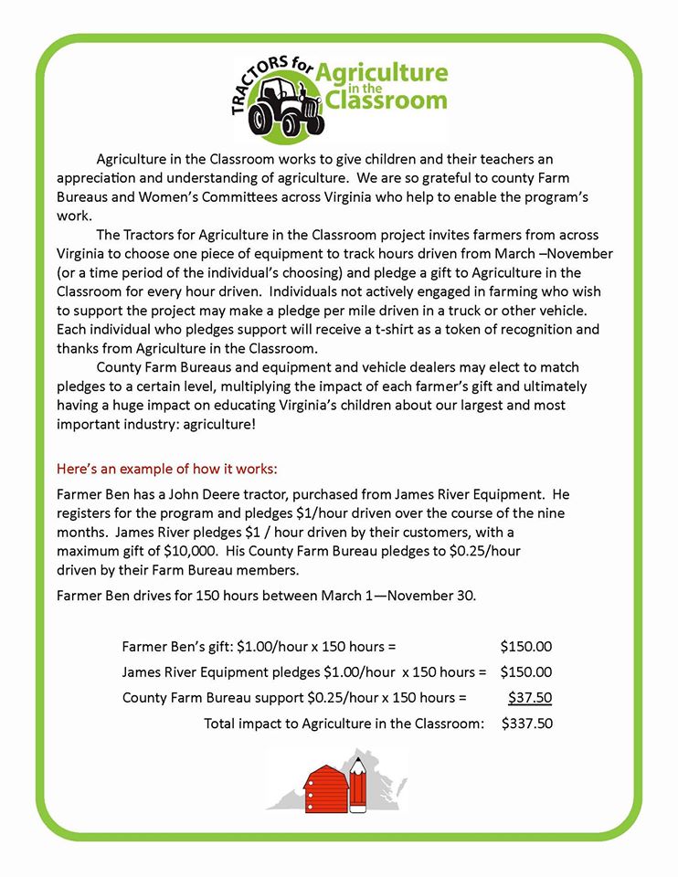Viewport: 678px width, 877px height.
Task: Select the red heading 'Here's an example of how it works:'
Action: [x=167, y=469]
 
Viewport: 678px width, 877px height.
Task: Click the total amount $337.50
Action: [x=526, y=724]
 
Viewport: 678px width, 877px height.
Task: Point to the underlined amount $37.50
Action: [x=530, y=698]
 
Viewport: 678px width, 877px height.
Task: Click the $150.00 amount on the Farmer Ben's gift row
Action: [x=526, y=646]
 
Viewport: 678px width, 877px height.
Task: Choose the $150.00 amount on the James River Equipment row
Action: [x=526, y=671]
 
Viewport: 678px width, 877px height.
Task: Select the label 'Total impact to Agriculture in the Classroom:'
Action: [x=344, y=724]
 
